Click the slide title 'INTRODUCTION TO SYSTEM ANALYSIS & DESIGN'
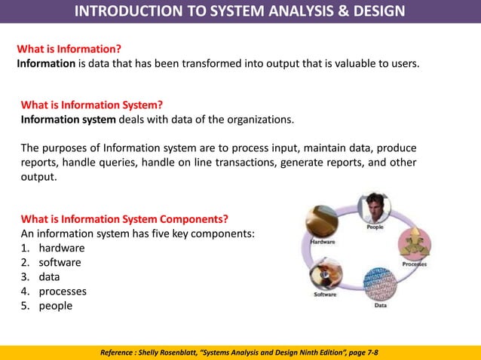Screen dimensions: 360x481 (x=240, y=11)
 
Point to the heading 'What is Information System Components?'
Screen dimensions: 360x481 (x=124, y=219)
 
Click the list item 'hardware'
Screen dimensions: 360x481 (x=62, y=248)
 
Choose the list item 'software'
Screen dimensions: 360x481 (x=60, y=262)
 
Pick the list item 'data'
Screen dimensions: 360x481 (x=50, y=276)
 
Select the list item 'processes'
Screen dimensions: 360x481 (x=63, y=291)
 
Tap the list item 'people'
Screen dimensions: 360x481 (x=56, y=305)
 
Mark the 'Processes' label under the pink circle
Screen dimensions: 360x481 (x=415, y=264)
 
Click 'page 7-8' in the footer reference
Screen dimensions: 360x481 (x=359, y=352)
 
